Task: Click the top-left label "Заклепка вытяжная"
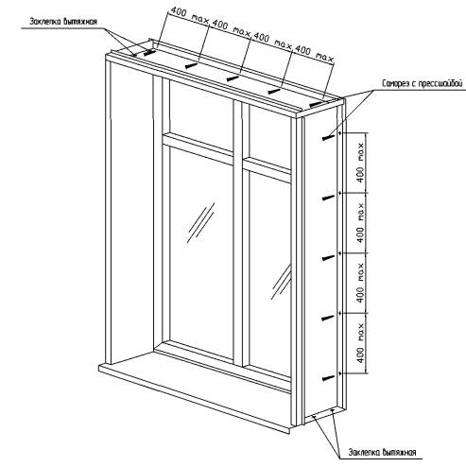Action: click(63, 22)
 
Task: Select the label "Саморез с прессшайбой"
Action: click(423, 84)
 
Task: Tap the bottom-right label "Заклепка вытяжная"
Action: click(382, 453)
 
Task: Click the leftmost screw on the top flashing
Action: click(149, 53)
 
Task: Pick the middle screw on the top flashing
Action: click(233, 78)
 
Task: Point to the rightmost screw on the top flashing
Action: click(316, 104)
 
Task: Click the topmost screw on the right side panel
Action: click(328, 137)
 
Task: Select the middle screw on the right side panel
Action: click(328, 258)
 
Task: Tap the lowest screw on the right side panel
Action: click(328, 378)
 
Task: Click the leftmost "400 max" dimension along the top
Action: click(189, 16)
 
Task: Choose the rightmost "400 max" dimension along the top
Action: click(314, 55)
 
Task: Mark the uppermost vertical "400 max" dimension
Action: click(360, 163)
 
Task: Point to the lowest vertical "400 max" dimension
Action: click(360, 343)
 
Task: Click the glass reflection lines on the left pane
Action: click(200, 222)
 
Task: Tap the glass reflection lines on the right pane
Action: click(282, 282)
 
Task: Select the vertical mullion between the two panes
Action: click(238, 233)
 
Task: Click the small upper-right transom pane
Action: click(269, 136)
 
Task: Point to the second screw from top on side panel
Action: click(328, 198)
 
